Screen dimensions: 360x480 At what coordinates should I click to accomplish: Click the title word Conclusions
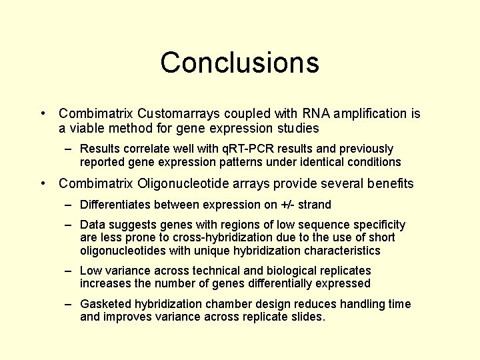point(239,63)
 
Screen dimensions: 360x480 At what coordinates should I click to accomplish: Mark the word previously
point(361,149)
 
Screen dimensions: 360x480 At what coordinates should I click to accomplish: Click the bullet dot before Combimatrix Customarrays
point(43,114)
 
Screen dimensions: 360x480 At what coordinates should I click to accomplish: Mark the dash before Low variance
point(69,271)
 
